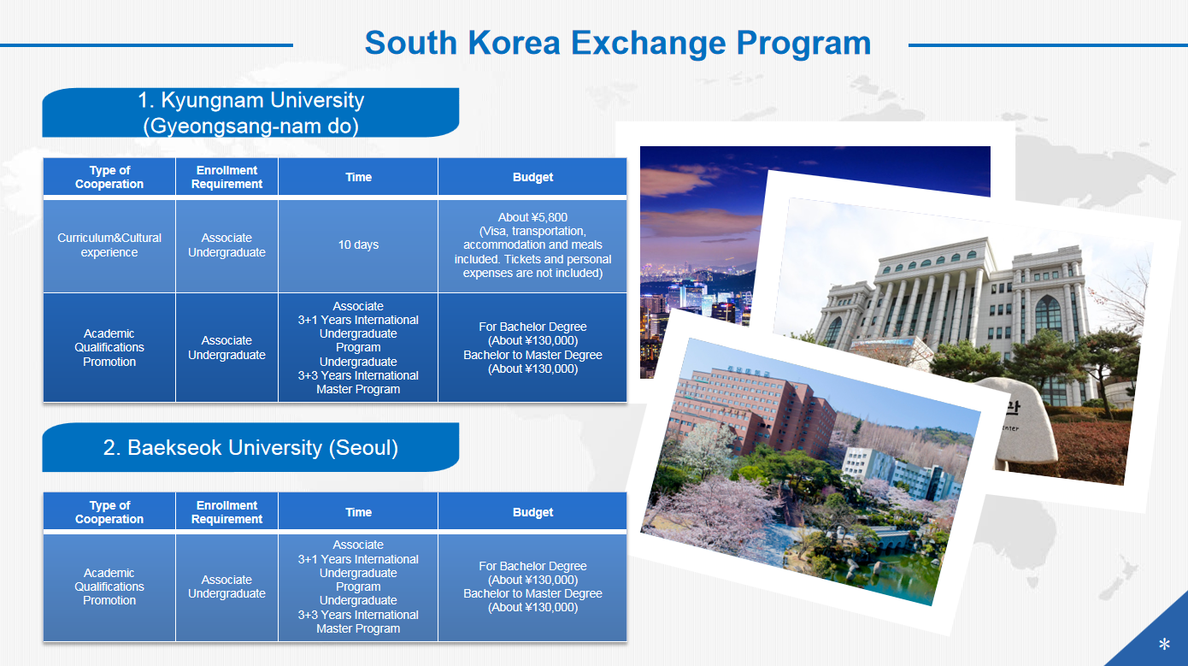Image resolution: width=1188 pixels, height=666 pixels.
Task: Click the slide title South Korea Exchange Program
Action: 618,43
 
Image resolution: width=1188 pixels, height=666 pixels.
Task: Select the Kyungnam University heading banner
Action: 250,113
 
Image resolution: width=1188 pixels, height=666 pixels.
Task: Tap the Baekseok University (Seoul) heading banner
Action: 250,447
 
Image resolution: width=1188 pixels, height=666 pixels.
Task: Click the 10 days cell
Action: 358,245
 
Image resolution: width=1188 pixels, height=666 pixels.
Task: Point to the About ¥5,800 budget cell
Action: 532,245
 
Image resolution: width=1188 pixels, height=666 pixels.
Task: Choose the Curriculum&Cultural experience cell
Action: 109,245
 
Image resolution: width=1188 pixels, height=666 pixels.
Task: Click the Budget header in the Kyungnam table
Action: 532,177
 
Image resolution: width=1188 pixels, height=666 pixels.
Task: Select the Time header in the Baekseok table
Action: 358,512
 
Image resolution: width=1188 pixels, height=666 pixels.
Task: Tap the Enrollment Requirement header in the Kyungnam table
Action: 226,177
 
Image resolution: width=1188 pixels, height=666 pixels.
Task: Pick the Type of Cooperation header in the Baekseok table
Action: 109,512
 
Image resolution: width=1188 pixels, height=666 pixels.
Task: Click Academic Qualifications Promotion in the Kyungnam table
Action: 109,348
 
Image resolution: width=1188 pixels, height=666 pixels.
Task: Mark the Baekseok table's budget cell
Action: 532,587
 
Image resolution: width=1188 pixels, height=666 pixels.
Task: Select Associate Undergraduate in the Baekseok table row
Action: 226,587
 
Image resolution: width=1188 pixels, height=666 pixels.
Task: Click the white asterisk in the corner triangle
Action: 1164,645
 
